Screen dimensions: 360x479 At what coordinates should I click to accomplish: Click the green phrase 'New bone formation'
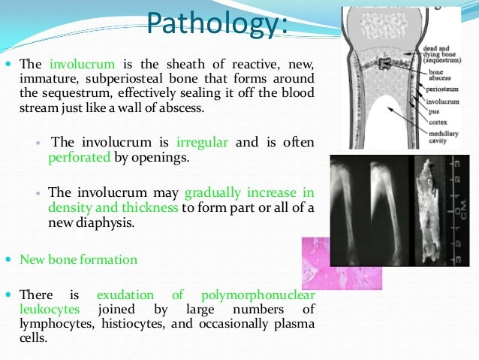click(79, 259)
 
